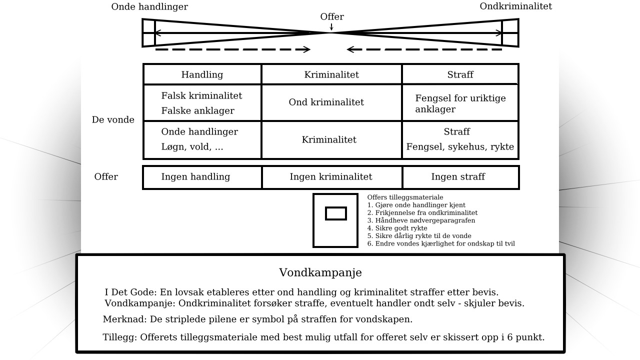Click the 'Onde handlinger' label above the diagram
pyautogui.click(x=149, y=6)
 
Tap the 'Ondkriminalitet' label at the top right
pyautogui.click(x=515, y=6)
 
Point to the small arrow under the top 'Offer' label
pyautogui.click(x=331, y=26)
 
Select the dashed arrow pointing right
pyautogui.click(x=233, y=49)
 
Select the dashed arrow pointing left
pyautogui.click(x=424, y=49)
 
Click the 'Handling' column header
pyautogui.click(x=202, y=74)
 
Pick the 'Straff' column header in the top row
pyautogui.click(x=460, y=74)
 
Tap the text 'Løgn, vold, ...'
pyautogui.click(x=192, y=147)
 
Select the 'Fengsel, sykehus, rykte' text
pyautogui.click(x=460, y=147)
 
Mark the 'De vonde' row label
pyautogui.click(x=113, y=119)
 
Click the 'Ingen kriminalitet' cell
pyautogui.click(x=331, y=177)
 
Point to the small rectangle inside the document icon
pyautogui.click(x=336, y=213)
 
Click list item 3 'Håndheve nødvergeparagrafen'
pyautogui.click(x=421, y=220)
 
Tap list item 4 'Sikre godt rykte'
pyautogui.click(x=397, y=228)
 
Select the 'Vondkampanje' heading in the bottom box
pyautogui.click(x=320, y=272)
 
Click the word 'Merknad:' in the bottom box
pyautogui.click(x=125, y=319)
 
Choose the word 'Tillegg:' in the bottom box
pyautogui.click(x=120, y=337)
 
